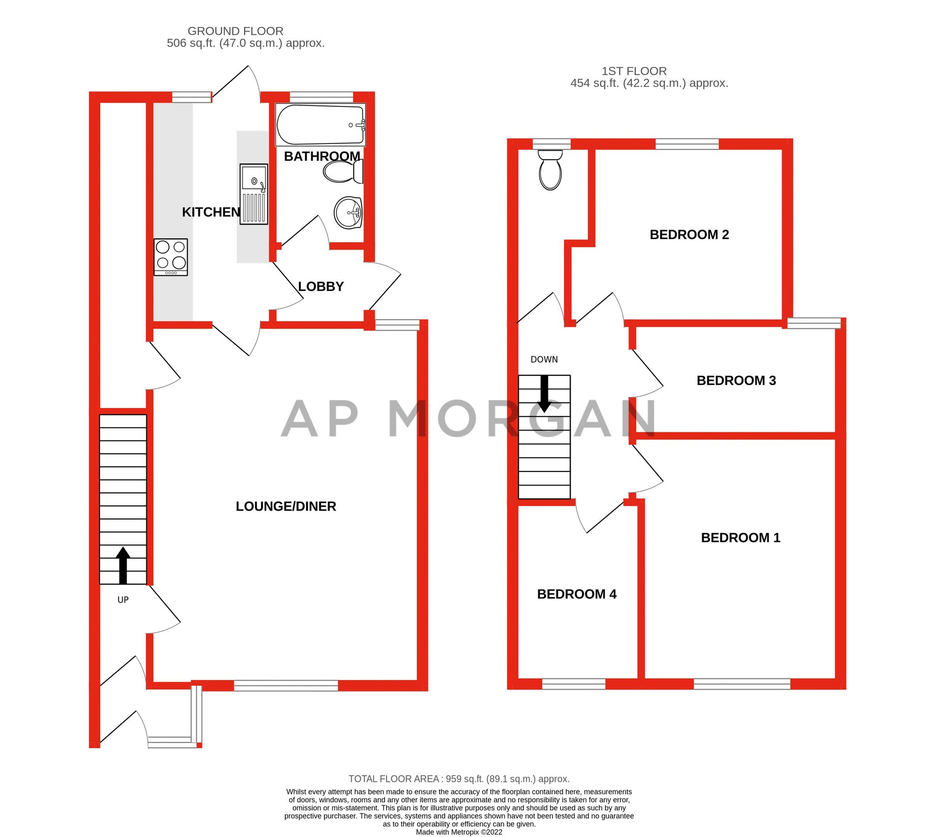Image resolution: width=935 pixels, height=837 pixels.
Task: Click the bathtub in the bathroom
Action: (x=320, y=125)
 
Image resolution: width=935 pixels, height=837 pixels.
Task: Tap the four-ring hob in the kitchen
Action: (x=171, y=257)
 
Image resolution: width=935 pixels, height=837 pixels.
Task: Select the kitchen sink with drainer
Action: (x=254, y=194)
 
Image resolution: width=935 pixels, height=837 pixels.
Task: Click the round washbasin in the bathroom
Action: (x=348, y=213)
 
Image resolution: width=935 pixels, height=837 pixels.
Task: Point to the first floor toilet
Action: (x=550, y=170)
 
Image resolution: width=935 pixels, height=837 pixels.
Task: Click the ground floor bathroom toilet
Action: (x=343, y=172)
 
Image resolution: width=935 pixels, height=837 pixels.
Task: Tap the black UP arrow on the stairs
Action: (x=123, y=565)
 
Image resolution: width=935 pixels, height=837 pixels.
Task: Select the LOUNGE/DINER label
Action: (x=286, y=506)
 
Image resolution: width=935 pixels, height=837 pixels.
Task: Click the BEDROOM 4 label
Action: (x=577, y=594)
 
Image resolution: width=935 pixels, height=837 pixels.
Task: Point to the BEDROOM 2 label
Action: (x=689, y=235)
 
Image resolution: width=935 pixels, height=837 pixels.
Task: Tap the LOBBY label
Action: (x=321, y=286)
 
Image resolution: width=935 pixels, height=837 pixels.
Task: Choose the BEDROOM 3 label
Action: (x=736, y=381)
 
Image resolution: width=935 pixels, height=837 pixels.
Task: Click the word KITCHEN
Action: (x=211, y=212)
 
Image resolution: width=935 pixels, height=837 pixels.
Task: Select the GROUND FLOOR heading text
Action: (x=235, y=31)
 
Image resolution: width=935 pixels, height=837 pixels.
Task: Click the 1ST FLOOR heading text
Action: (x=634, y=71)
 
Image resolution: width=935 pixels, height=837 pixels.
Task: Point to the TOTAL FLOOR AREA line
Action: (x=459, y=779)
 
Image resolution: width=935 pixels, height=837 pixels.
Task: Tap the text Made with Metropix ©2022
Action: (x=459, y=832)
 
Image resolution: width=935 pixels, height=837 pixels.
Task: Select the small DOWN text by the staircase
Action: (x=544, y=359)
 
